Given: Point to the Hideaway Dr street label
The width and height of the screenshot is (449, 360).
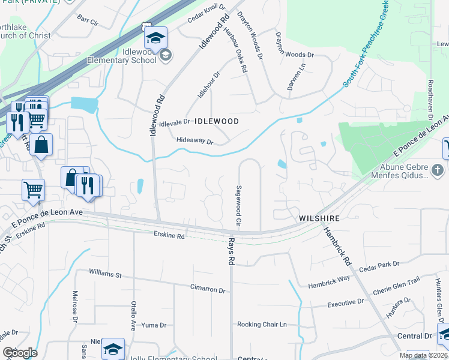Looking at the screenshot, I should click(195, 141).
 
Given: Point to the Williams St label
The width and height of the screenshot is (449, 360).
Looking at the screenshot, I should click(105, 274).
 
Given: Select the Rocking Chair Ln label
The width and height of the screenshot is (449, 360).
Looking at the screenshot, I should click(262, 325).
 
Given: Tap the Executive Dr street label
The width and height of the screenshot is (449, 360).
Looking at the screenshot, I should click(345, 304).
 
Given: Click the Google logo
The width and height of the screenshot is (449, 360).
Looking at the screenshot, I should click(20, 353).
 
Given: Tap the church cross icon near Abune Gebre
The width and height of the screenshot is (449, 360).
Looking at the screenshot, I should click(438, 170).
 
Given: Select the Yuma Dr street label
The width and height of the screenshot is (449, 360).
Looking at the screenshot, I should click(154, 325).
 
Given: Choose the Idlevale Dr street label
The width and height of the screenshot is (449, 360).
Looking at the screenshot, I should click(173, 122).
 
